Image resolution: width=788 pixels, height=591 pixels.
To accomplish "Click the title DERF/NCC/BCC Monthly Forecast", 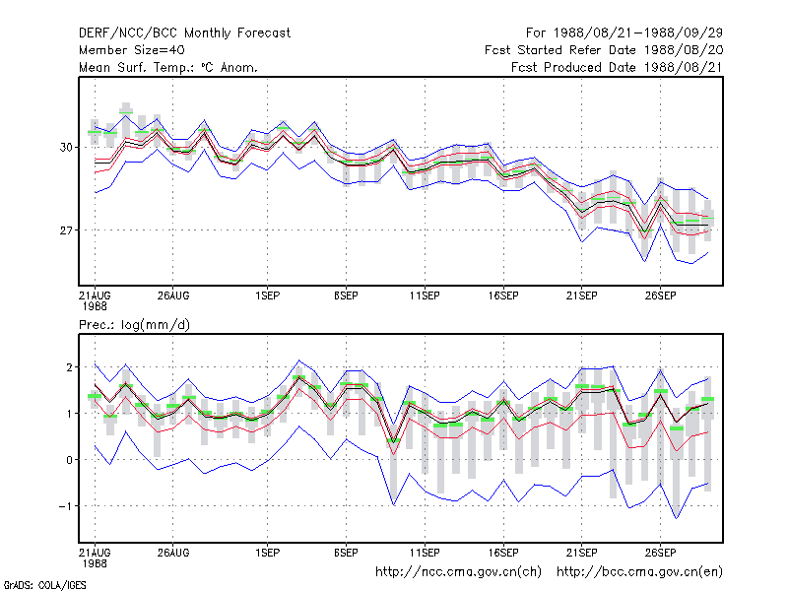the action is click(184, 33).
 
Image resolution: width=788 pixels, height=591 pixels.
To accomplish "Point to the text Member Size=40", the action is click(132, 50).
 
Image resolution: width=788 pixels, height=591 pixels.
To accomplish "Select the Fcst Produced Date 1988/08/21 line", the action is click(617, 67).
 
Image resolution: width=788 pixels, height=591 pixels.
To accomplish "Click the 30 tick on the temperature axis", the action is click(66, 147).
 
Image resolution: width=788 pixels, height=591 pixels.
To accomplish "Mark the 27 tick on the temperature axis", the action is click(66, 230).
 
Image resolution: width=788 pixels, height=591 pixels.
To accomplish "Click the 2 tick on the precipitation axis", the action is click(69, 367).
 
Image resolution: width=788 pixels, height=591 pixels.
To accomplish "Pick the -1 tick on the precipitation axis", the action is click(66, 506).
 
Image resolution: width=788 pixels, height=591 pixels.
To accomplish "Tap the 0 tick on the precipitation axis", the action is click(69, 460).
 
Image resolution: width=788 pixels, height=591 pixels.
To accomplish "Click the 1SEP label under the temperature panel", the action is click(267, 296).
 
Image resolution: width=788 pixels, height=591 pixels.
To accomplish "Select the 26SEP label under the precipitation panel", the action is click(660, 553).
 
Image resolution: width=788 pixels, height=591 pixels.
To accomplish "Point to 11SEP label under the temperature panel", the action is click(425, 296).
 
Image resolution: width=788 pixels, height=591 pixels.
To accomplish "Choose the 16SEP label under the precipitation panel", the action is click(503, 553).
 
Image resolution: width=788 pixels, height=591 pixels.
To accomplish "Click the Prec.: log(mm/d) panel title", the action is click(134, 325).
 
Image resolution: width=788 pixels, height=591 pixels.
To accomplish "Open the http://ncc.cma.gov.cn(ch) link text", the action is click(458, 572).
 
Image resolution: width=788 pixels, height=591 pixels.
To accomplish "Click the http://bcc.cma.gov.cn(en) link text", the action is click(639, 572).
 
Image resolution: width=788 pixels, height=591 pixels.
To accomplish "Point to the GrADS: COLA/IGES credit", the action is click(44, 585).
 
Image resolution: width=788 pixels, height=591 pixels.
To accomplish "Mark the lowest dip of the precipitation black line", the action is click(393, 441).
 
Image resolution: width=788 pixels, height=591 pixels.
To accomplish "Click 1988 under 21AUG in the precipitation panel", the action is click(95, 563).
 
